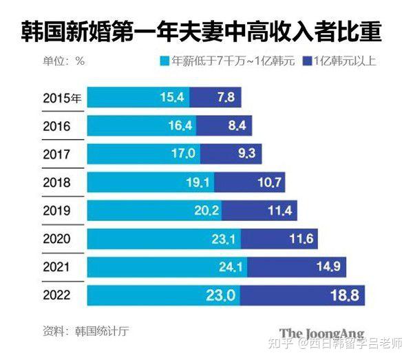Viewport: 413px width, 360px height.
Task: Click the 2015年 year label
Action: coord(62,98)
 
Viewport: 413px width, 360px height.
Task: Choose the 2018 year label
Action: coord(56,182)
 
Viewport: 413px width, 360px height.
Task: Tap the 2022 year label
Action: coord(56,295)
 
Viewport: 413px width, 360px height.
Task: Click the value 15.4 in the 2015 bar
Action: coord(171,98)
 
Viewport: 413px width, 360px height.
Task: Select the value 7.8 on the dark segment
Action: coord(226,98)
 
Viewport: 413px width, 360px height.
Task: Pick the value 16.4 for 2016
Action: coord(182,126)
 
